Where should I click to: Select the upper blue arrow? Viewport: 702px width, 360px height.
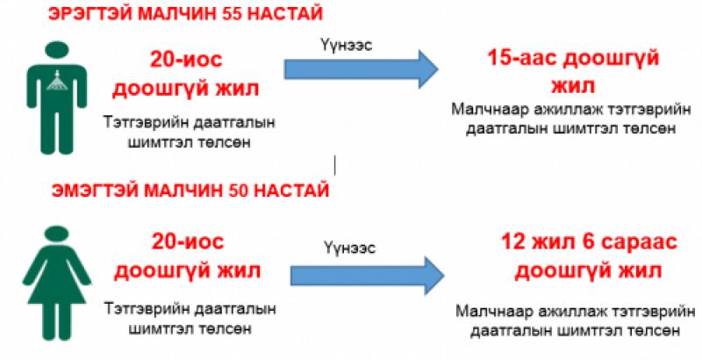pos(360,67)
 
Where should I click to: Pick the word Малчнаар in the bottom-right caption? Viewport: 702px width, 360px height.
pos(496,312)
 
